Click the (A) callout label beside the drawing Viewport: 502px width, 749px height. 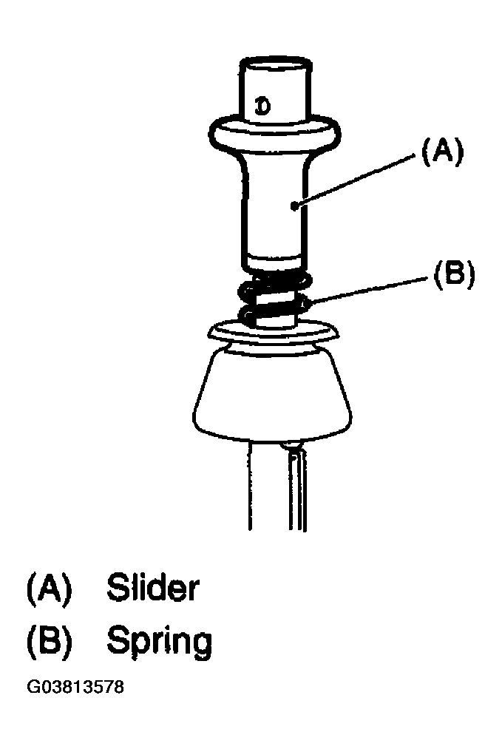(x=441, y=152)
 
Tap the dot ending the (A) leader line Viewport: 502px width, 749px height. (x=295, y=206)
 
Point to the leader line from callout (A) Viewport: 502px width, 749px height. (x=354, y=180)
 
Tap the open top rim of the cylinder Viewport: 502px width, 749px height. (x=276, y=65)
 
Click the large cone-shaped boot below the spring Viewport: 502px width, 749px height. (x=273, y=393)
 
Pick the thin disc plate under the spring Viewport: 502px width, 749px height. (x=274, y=333)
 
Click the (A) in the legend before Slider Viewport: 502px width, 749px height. (x=50, y=589)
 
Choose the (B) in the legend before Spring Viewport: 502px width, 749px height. (x=50, y=641)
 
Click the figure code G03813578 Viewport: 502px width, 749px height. (x=75, y=687)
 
